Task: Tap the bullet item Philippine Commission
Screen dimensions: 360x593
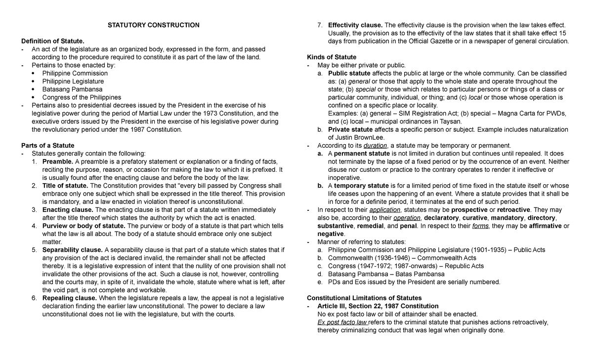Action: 75,73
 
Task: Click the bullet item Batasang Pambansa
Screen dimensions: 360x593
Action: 72,89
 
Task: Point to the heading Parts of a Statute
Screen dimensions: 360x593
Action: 47,145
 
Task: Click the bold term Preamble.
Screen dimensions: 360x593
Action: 58,161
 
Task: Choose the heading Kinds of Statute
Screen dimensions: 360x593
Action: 332,57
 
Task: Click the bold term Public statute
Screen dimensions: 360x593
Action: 349,73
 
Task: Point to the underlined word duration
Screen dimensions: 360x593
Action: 375,145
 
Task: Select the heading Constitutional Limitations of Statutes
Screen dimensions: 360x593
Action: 364,298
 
